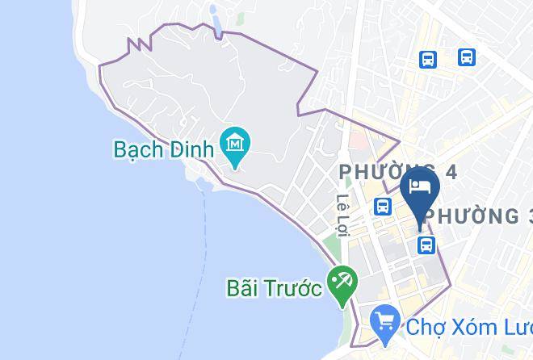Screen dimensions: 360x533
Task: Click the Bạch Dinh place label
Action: click(x=163, y=149)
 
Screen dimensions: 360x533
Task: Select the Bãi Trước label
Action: click(x=274, y=288)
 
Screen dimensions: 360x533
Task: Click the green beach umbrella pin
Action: click(x=341, y=283)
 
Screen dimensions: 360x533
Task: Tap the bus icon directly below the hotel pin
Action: click(x=426, y=245)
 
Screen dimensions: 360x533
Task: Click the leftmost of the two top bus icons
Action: click(x=428, y=58)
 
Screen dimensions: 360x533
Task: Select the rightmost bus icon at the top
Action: click(x=466, y=57)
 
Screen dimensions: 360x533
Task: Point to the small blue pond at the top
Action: click(x=214, y=21)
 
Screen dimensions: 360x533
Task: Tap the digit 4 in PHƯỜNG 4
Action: click(x=450, y=171)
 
